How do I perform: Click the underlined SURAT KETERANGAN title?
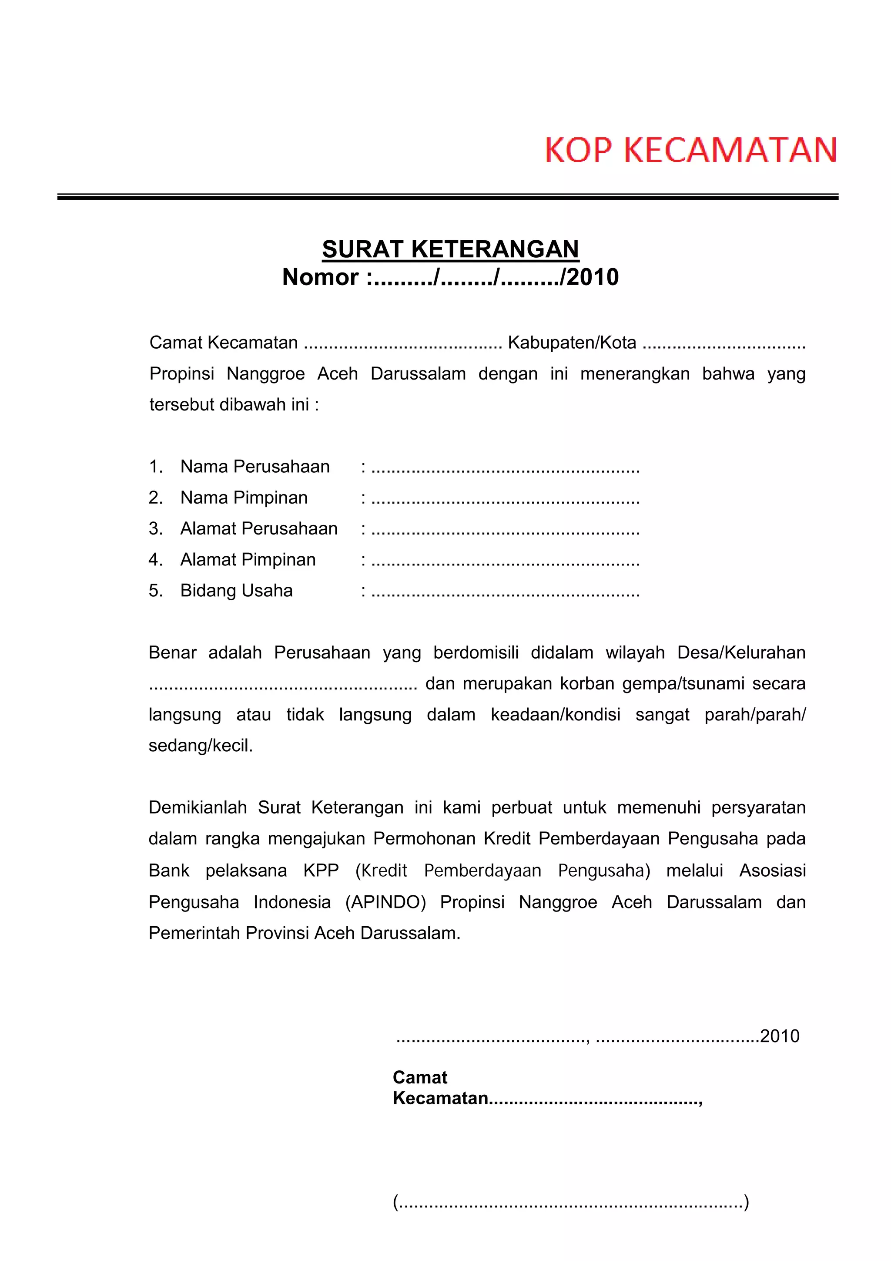[x=450, y=249]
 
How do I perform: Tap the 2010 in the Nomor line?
[x=593, y=277]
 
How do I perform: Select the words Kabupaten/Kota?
[x=572, y=343]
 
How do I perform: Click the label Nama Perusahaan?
[x=255, y=466]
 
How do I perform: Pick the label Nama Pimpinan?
[x=244, y=498]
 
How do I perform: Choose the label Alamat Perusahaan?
[x=258, y=528]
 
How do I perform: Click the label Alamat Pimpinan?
[x=248, y=560]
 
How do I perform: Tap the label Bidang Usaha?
[x=236, y=590]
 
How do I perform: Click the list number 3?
[x=155, y=528]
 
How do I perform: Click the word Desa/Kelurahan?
[x=741, y=652]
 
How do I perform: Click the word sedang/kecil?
[x=201, y=746]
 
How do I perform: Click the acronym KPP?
[x=321, y=871]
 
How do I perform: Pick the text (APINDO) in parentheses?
[x=385, y=902]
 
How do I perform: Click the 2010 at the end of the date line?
[x=780, y=1036]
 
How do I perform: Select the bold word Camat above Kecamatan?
[x=420, y=1078]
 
